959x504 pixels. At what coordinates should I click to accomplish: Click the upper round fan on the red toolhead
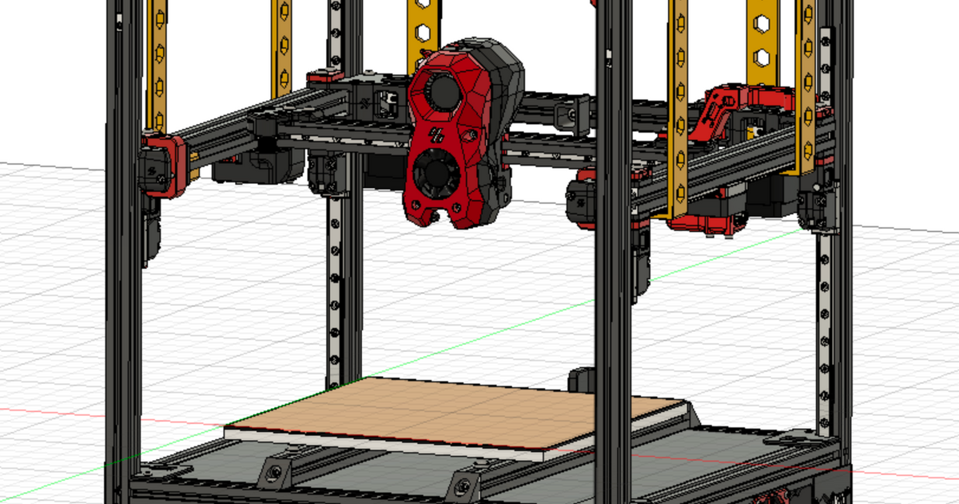[440, 90]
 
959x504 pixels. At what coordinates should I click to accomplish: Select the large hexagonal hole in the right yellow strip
[762, 56]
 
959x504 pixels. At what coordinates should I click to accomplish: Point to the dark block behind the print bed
[582, 379]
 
